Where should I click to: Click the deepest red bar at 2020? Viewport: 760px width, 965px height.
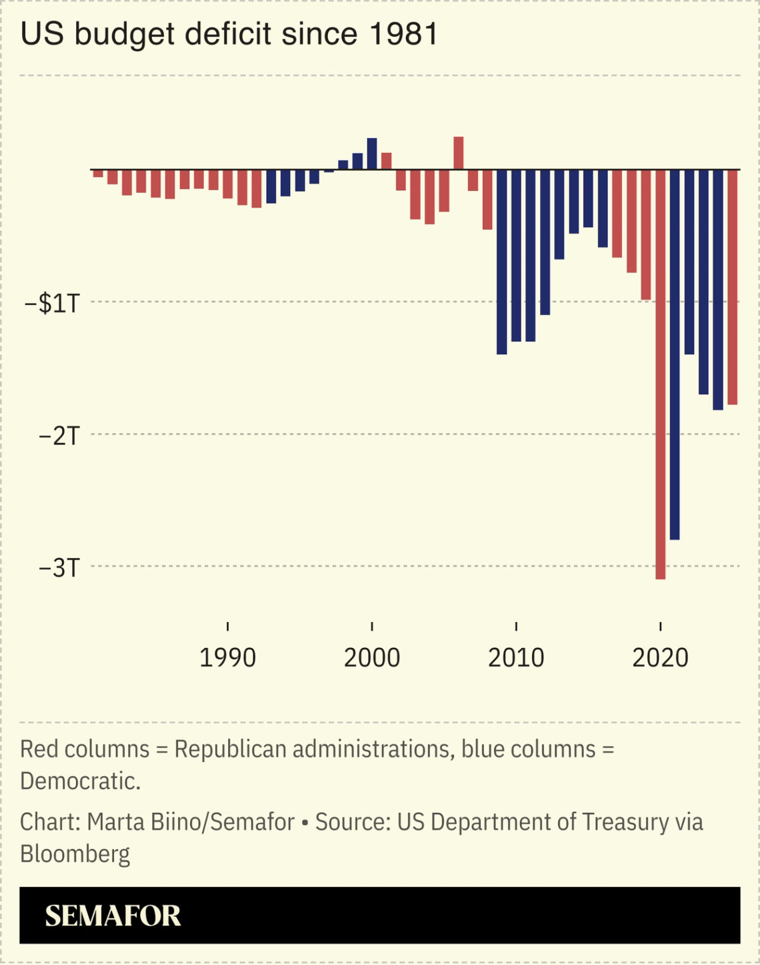coord(661,374)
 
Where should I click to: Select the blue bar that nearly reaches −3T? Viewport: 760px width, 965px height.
coord(675,354)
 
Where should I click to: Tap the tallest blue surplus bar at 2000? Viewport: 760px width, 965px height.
coord(372,154)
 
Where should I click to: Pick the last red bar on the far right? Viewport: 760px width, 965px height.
coord(733,287)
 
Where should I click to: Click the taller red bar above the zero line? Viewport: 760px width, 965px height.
coord(459,153)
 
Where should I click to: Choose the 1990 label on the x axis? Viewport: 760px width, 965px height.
coord(228,658)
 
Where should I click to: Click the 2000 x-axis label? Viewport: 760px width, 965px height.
coord(372,658)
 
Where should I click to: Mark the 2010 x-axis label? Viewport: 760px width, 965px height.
coord(516,658)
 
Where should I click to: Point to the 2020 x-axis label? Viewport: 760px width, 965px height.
coord(660,658)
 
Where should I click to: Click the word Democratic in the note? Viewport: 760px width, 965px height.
coord(80,781)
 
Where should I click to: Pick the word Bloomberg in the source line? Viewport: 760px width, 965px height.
coord(75,854)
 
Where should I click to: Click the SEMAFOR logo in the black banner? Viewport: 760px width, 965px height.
coord(113,916)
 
